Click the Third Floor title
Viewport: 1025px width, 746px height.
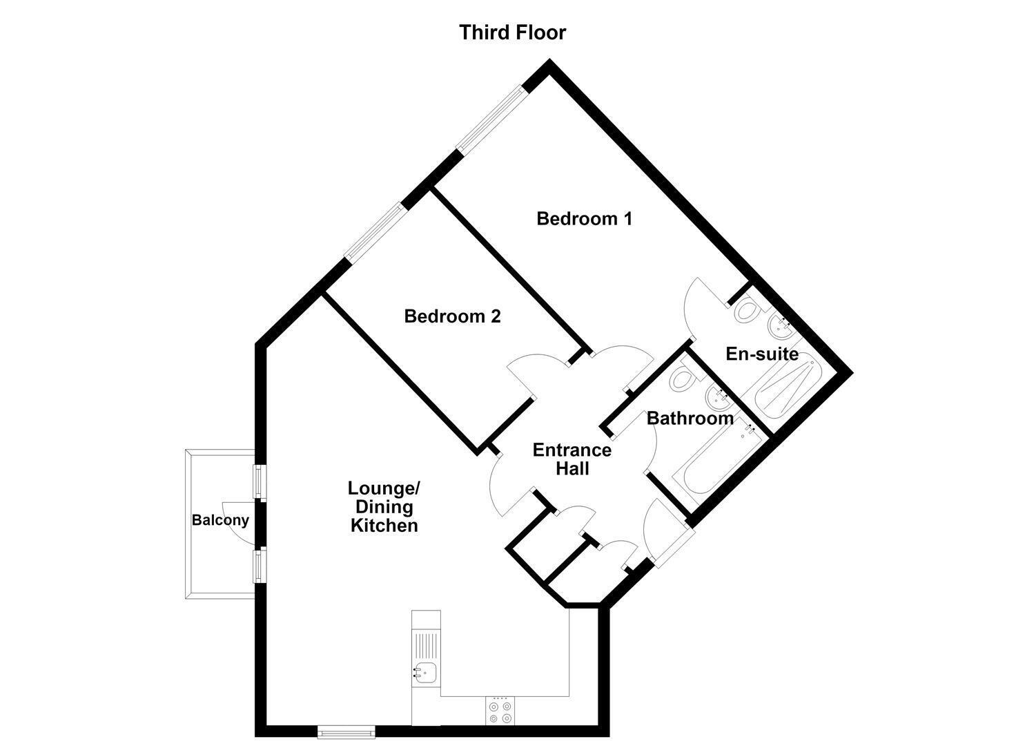point(512,32)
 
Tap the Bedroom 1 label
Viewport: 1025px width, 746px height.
point(585,218)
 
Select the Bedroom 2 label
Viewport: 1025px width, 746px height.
point(452,316)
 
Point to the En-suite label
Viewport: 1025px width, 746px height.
point(762,354)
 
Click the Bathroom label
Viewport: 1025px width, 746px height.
point(690,418)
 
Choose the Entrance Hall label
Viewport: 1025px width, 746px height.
point(572,459)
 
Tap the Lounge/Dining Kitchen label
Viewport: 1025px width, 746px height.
point(384,506)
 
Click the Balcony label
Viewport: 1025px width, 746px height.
point(220,519)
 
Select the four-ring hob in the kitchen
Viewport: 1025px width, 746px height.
point(500,724)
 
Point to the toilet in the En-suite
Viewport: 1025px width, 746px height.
point(748,310)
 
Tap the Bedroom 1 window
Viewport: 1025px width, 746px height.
point(492,119)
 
